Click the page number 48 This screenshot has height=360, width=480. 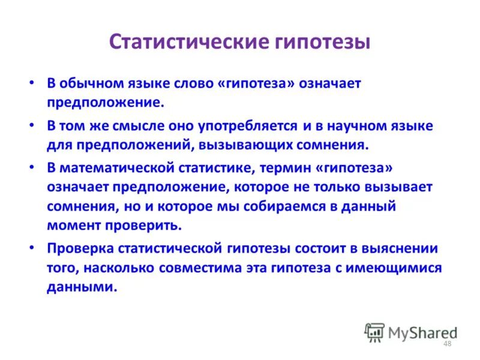click(446, 343)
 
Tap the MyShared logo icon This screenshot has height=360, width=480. click(374, 332)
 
